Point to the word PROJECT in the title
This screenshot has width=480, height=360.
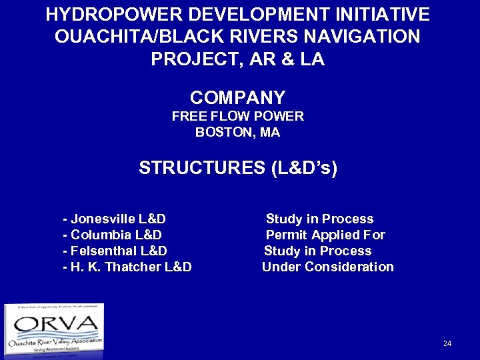tap(192, 60)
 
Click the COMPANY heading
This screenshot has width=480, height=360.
tap(238, 97)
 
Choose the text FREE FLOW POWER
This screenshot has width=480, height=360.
tap(238, 116)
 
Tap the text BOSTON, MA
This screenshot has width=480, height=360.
tap(238, 132)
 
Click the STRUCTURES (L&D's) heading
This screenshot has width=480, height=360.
tap(238, 168)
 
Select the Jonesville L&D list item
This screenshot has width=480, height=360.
tap(114, 219)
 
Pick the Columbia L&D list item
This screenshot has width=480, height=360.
tap(111, 235)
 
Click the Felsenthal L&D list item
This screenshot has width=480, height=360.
tap(114, 251)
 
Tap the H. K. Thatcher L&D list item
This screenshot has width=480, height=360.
tap(127, 267)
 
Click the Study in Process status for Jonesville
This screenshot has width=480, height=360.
tap(319, 219)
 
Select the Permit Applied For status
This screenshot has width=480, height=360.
tap(325, 235)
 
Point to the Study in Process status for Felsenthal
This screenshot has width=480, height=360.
tap(317, 251)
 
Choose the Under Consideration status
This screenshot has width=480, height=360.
tap(327, 267)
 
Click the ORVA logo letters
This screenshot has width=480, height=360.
tap(55, 325)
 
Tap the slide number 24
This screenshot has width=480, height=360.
tap(447, 343)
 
